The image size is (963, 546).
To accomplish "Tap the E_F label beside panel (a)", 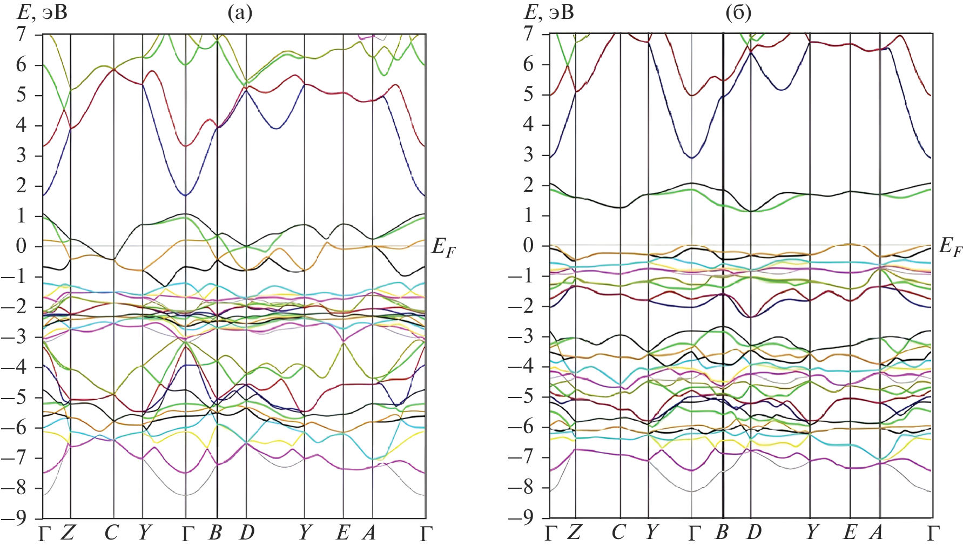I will click(x=443, y=248).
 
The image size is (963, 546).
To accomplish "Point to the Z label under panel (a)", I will click(x=67, y=534).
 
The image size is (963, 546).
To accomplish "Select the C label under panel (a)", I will click(x=111, y=534).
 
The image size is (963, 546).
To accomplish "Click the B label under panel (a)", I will click(x=215, y=534).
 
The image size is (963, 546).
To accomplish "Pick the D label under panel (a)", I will click(x=247, y=534).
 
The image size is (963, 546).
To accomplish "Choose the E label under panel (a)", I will click(x=342, y=534).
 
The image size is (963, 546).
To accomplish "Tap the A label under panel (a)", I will click(x=369, y=534).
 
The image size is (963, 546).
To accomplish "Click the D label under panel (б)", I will click(x=754, y=533).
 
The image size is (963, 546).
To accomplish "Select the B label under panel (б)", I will click(x=722, y=533).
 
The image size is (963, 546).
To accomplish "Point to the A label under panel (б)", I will click(x=876, y=533).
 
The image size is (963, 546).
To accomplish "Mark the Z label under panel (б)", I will click(x=574, y=533).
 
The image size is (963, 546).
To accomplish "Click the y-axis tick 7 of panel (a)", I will click(x=21, y=35).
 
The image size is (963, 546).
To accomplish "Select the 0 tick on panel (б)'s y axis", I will click(x=528, y=246).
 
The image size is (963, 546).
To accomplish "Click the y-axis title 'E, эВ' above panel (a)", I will click(x=43, y=12).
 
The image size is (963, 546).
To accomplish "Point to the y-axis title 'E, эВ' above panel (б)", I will click(x=549, y=12).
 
